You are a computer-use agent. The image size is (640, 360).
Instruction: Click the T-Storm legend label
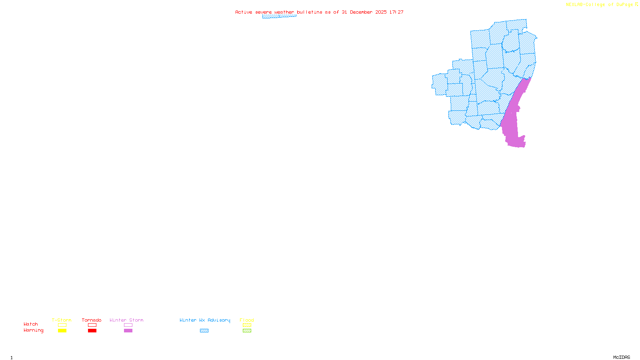[62, 320]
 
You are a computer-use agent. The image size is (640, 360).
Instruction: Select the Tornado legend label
[92, 320]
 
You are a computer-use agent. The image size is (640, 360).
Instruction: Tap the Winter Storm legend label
[126, 320]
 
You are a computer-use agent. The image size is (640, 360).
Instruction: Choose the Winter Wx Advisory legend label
[205, 320]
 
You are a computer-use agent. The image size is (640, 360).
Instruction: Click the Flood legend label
[247, 320]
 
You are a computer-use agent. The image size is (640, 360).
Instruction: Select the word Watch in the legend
[31, 324]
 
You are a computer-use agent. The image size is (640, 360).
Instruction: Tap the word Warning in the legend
[34, 330]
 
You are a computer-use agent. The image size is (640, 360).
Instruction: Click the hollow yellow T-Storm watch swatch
[62, 325]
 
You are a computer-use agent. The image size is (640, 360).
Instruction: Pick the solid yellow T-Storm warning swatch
[62, 331]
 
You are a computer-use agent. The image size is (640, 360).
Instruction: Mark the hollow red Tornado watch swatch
[92, 325]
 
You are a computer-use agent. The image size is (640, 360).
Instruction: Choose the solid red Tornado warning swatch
[92, 331]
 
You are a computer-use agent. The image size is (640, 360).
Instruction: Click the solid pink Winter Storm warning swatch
[128, 331]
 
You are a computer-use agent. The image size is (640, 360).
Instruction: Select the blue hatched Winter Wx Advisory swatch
[204, 331]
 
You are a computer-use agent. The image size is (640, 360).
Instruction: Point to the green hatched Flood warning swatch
[247, 331]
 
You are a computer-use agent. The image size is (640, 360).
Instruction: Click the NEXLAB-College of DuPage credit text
[600, 5]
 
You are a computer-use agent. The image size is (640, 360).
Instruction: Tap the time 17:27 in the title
[396, 12]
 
